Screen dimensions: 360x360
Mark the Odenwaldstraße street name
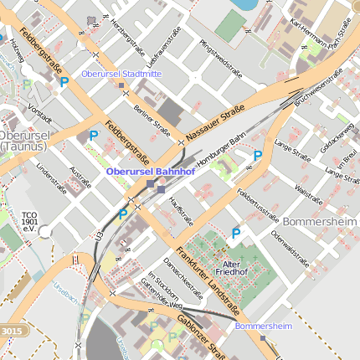point(289,242)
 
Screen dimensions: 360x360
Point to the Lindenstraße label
point(52,177)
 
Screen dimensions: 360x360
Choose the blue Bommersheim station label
point(264,325)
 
